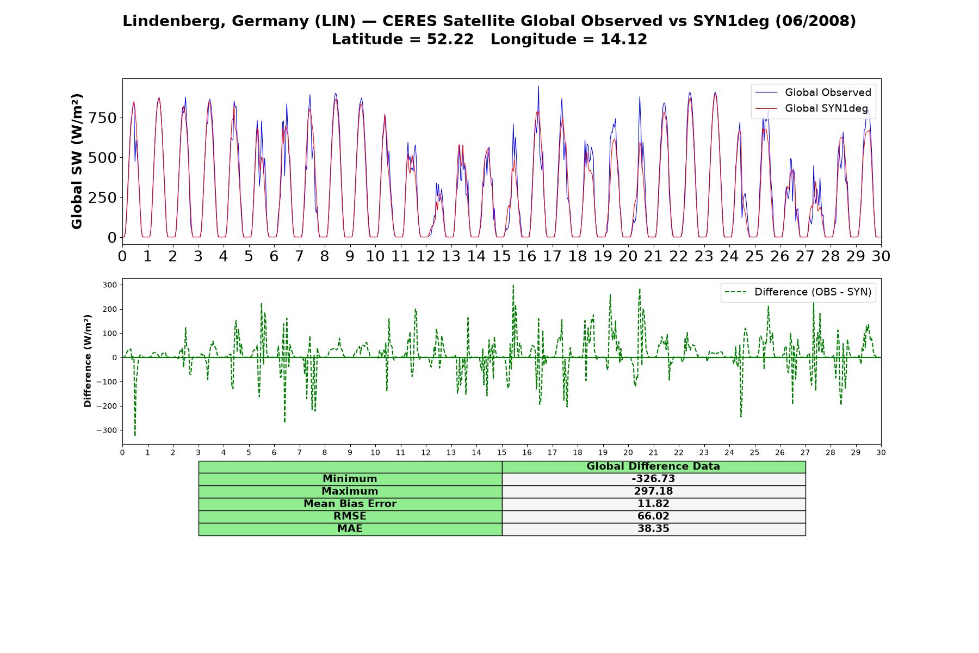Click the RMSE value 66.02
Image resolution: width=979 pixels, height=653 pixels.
pos(653,516)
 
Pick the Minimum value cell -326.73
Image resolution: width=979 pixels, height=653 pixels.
pos(653,479)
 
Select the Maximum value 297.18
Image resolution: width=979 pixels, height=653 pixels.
pos(653,491)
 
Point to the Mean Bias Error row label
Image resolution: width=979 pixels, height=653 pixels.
pos(350,504)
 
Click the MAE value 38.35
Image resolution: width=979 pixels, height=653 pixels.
pos(653,529)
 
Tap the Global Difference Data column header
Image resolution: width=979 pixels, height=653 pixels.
pos(653,466)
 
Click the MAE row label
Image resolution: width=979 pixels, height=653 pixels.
pos(350,529)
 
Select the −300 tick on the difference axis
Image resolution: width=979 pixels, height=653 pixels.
pos(107,430)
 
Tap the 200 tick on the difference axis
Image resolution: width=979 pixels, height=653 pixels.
pos(110,309)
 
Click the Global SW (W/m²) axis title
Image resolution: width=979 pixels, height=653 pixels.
pos(77,162)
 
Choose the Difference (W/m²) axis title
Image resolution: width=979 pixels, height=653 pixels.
pos(88,361)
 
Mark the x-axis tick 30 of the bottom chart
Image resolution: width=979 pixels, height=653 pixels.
pos(881,453)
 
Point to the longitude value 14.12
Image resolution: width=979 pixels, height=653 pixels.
pos(624,40)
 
